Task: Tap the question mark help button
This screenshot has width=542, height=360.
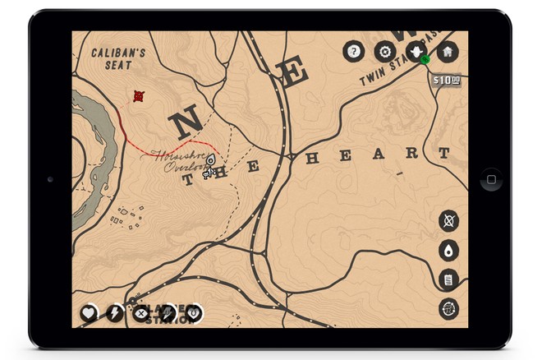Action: point(353,52)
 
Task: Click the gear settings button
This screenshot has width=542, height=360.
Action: point(384,52)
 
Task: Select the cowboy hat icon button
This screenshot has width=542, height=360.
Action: point(416,51)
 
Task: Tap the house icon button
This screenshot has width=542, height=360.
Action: point(448,52)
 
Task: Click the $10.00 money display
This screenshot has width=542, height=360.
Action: point(446,80)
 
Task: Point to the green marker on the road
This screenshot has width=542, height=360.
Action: point(425,60)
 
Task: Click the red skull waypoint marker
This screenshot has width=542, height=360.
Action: point(139,96)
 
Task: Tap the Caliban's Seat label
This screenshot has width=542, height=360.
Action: point(118,58)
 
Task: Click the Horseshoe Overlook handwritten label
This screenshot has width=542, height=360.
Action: point(180,160)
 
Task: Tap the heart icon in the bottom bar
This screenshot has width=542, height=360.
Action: point(89,312)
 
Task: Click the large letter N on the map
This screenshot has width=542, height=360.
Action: point(186,124)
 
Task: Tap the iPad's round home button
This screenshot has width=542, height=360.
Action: point(490,179)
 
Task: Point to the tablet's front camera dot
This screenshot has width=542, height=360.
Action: point(51,179)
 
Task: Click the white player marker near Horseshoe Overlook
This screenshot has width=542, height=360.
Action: point(210,160)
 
